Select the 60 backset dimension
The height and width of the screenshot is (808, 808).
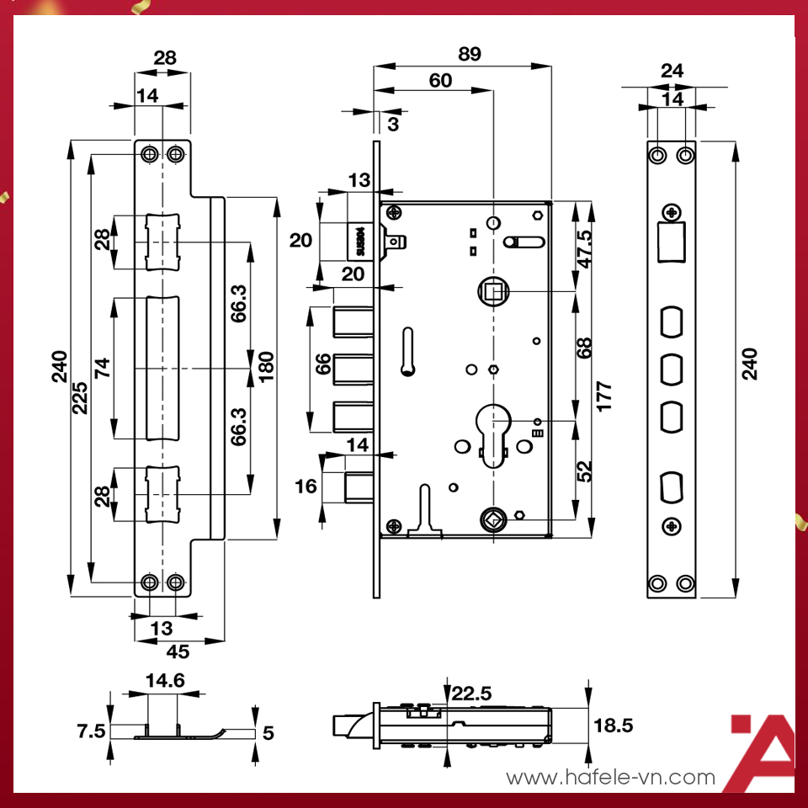click(439, 81)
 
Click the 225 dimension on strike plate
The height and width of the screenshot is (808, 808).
click(81, 394)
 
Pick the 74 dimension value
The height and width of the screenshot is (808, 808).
click(102, 368)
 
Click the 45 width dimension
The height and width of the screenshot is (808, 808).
click(178, 651)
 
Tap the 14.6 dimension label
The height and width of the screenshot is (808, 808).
click(165, 681)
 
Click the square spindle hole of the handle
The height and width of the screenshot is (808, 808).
click(491, 292)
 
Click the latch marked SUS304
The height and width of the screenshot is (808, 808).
click(360, 241)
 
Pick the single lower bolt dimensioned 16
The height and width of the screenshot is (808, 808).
click(357, 487)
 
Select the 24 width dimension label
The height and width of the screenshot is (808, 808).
click(672, 71)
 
